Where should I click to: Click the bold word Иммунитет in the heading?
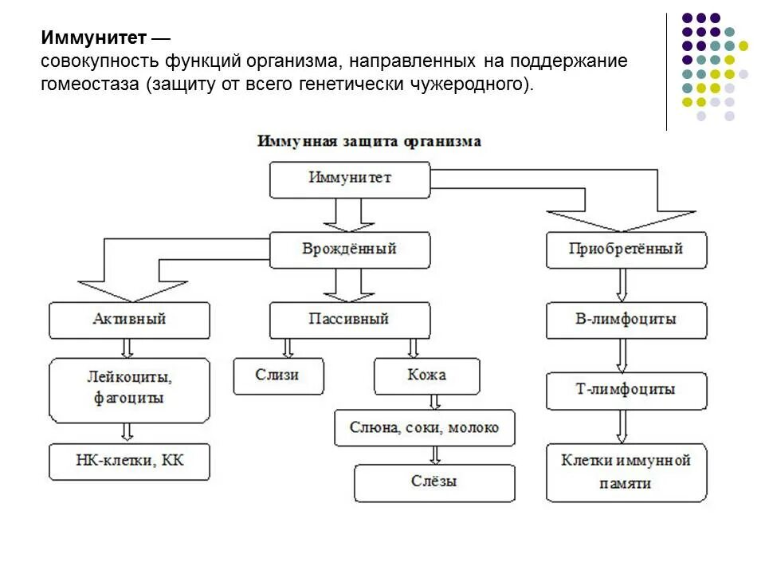(94, 38)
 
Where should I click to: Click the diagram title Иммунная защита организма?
(369, 141)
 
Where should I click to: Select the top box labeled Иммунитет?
(350, 179)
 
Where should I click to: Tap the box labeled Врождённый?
(350, 250)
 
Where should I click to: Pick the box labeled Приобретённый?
(626, 250)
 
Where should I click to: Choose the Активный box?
(130, 320)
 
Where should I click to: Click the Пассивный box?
(350, 320)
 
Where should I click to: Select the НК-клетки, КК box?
(130, 462)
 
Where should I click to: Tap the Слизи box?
(279, 375)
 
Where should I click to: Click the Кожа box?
(427, 375)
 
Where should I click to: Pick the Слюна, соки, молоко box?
(425, 428)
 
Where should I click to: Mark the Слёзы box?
(434, 482)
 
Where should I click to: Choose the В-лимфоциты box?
(626, 320)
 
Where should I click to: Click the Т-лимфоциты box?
(626, 390)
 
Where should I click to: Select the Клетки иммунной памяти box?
(626, 472)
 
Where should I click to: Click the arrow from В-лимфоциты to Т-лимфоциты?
(622, 355)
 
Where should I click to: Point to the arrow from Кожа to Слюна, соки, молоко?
(435, 402)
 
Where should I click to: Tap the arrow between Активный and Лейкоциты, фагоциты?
(126, 348)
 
